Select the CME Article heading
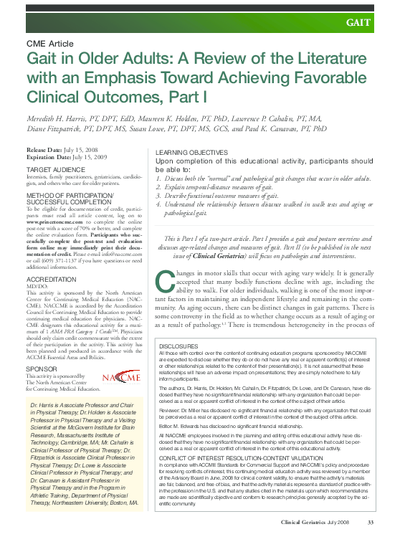(x=51, y=44)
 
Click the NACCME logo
(x=122, y=376)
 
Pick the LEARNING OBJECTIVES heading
(x=191, y=153)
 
